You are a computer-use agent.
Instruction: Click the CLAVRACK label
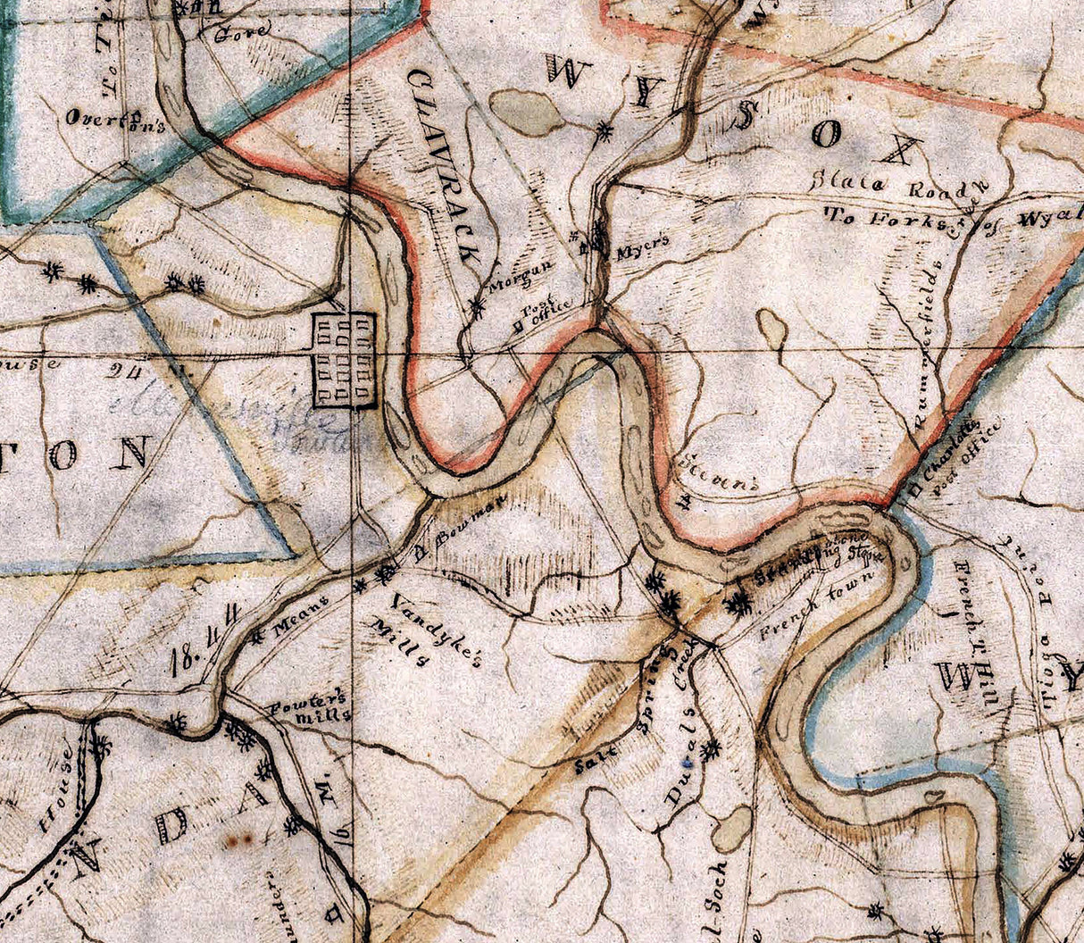[444, 165]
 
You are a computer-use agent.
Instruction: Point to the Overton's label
[116, 120]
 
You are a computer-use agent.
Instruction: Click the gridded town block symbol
[344, 361]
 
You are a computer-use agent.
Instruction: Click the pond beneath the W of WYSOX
[527, 112]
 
